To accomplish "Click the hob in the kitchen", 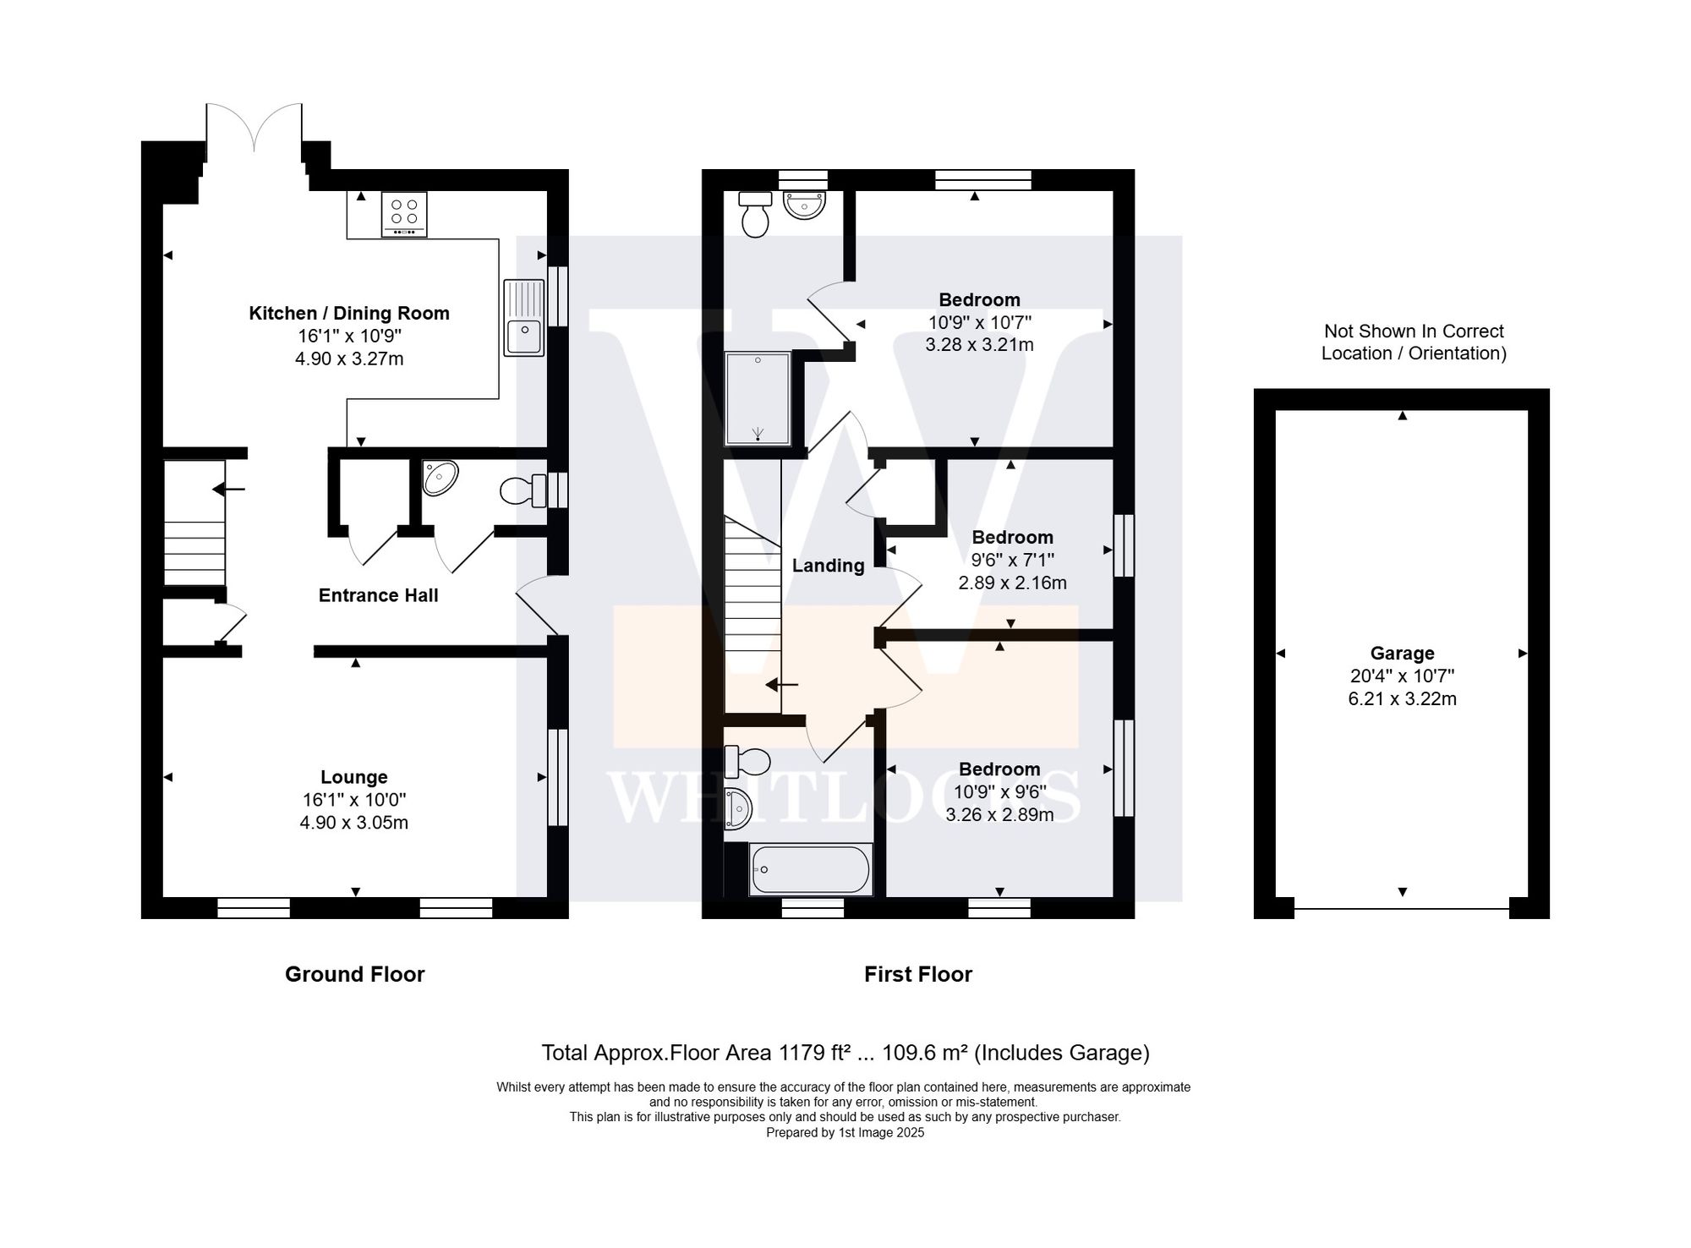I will tap(404, 214).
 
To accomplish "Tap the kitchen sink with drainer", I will tap(523, 318).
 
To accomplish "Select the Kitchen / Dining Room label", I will tap(348, 314).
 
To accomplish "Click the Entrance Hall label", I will tap(378, 595).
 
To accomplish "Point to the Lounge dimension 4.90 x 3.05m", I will tap(353, 823).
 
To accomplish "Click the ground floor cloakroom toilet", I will tap(523, 490).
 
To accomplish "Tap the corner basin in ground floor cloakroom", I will tap(440, 478).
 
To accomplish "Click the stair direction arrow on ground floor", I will tap(228, 489).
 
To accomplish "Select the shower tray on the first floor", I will tap(758, 398).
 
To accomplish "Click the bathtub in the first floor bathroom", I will tap(811, 869).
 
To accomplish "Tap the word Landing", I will tap(828, 566).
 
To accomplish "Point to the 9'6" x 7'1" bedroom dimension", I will tap(1012, 560).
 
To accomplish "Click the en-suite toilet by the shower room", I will tap(754, 213).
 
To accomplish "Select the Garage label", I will tap(1402, 654).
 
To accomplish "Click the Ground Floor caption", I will tap(354, 974).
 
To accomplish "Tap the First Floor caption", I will tap(917, 974).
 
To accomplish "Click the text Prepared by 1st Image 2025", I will tap(845, 1132).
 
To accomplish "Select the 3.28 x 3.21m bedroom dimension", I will tap(979, 345).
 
